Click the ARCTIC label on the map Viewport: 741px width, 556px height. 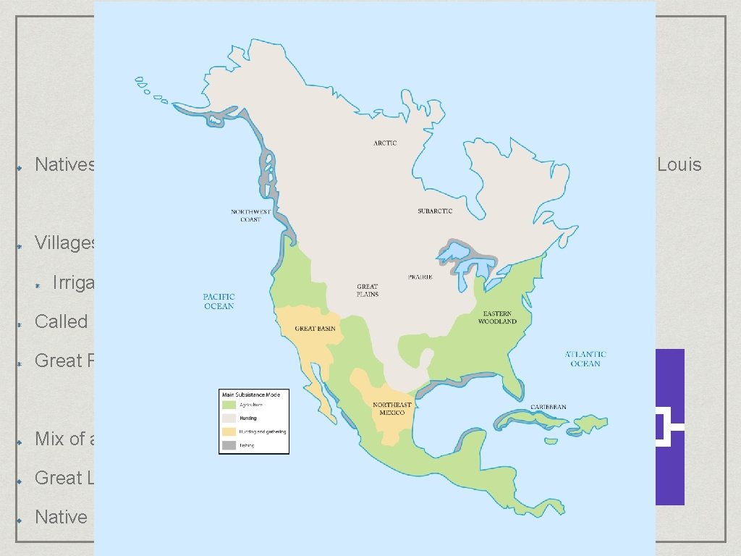[x=385, y=143]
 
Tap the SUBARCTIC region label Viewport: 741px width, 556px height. [x=435, y=211]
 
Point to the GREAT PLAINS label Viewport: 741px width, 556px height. [x=368, y=290]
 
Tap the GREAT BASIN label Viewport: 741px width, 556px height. [x=313, y=329]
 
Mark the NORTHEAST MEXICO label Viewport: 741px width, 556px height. [x=392, y=409]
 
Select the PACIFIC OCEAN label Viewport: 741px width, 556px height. [x=219, y=302]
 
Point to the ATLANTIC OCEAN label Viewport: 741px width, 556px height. [x=585, y=359]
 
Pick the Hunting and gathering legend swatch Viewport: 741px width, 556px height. [x=229, y=431]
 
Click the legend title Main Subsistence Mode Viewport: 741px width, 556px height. [x=254, y=395]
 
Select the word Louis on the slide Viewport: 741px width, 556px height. [x=679, y=165]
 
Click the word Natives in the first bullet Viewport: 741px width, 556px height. [x=65, y=165]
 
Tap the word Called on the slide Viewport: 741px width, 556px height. [x=62, y=321]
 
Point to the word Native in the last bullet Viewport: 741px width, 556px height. [x=61, y=517]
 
